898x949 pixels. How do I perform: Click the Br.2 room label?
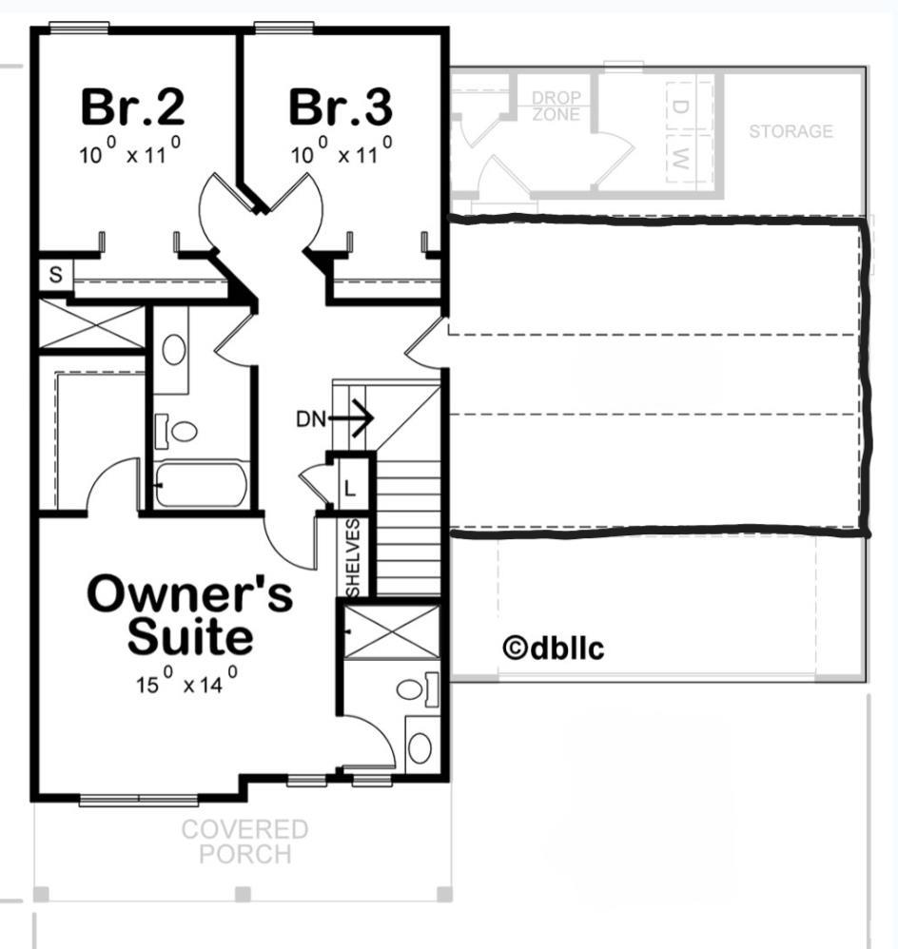(x=132, y=107)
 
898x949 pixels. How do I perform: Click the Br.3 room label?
(x=341, y=107)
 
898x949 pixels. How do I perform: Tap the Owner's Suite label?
(x=190, y=614)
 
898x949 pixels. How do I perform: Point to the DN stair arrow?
(x=351, y=417)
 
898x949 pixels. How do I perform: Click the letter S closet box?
(x=56, y=275)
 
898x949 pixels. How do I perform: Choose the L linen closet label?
(x=350, y=487)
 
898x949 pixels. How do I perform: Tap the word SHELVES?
(x=353, y=557)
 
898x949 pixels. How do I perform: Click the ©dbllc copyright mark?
(x=554, y=648)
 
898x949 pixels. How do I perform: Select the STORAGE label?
(x=791, y=130)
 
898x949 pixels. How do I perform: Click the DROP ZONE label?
(x=556, y=106)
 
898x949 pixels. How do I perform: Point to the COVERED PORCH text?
(x=245, y=842)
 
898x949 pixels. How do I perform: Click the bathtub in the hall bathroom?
(x=201, y=485)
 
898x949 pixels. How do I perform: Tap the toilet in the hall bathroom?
(x=177, y=431)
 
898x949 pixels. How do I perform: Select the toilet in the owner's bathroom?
(x=418, y=689)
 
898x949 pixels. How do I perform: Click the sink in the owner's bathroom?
(x=420, y=748)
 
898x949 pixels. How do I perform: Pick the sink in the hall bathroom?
(x=174, y=349)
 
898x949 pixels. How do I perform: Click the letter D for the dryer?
(x=680, y=107)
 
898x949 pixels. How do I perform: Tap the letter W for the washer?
(x=680, y=159)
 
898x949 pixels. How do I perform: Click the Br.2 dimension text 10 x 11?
(x=129, y=150)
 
